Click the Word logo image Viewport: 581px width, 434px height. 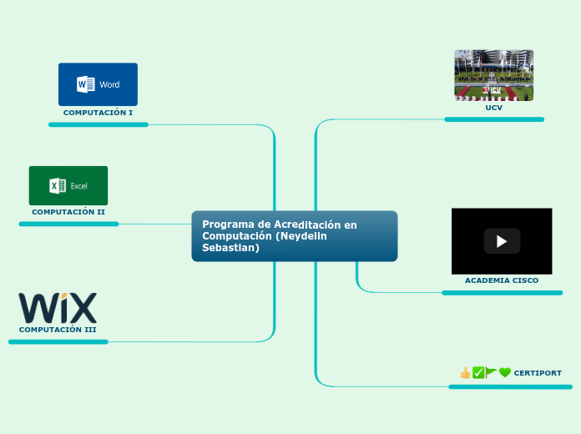(x=98, y=84)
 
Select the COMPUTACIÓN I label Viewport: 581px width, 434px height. (x=98, y=112)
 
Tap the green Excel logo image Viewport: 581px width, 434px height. (x=68, y=185)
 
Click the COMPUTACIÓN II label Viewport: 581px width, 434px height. (x=68, y=212)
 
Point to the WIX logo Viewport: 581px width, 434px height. (x=58, y=307)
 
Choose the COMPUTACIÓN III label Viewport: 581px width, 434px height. (x=58, y=330)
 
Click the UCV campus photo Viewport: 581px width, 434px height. (x=493, y=75)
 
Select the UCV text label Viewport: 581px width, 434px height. (x=493, y=108)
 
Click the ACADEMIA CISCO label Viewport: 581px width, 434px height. (x=502, y=280)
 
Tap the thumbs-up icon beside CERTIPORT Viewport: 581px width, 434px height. (x=465, y=373)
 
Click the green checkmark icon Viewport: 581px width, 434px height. (x=478, y=373)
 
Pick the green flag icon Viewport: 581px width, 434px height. (x=492, y=373)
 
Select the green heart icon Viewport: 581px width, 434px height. (x=505, y=373)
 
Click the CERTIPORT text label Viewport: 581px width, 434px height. (x=538, y=373)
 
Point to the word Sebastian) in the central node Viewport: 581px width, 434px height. (x=231, y=248)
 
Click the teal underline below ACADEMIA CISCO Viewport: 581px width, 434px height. (x=502, y=293)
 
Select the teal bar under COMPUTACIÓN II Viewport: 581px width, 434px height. (x=68, y=224)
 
